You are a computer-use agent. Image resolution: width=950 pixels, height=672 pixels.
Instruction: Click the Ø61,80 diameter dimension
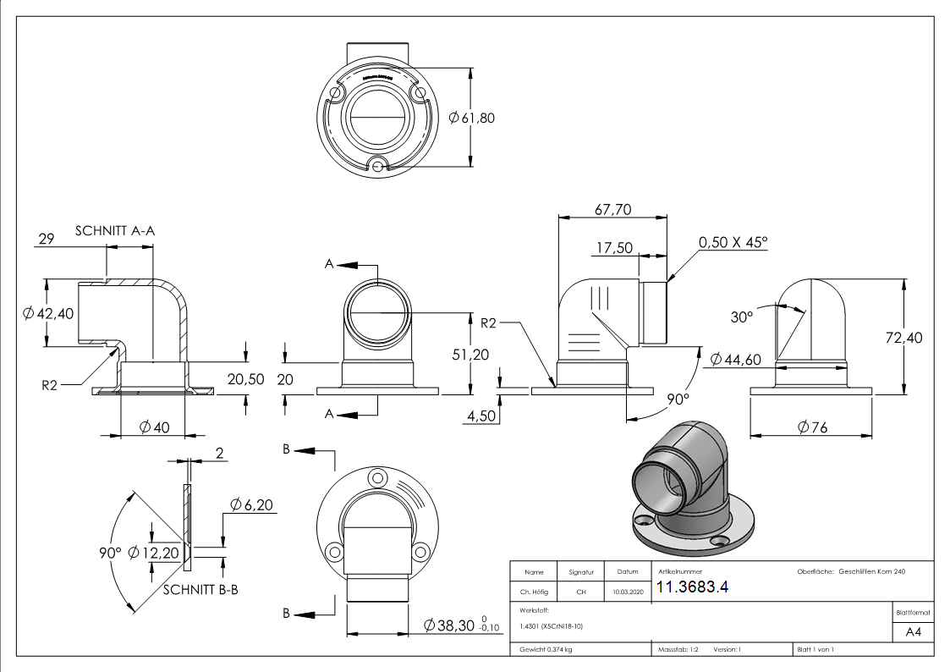[472, 118]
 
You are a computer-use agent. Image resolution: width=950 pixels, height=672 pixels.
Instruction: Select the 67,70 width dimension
[613, 209]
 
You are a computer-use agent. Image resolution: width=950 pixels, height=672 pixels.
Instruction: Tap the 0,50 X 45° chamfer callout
[733, 242]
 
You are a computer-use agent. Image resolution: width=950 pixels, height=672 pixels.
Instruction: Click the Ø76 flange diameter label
[812, 428]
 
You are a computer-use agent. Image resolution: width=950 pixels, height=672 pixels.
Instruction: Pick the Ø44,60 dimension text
[735, 360]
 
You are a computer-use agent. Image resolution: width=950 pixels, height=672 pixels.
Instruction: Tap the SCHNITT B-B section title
[200, 589]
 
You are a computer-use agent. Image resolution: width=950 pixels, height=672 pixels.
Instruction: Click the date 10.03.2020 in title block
[627, 592]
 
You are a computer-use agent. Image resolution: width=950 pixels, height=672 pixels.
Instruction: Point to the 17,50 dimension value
[614, 248]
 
